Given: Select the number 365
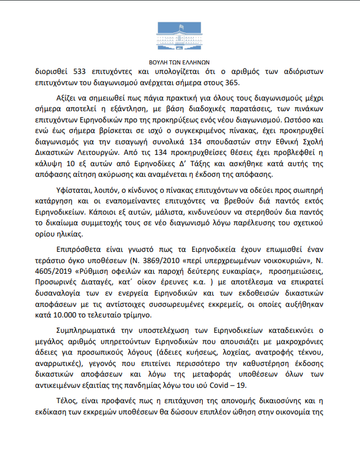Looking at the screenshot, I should click(x=232, y=83).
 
